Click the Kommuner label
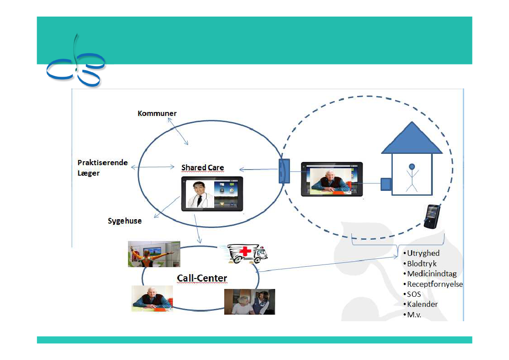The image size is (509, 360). [157, 113]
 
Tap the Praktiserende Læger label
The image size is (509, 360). [102, 168]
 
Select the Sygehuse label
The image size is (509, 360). [125, 221]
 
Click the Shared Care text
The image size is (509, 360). [202, 168]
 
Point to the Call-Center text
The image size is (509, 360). [202, 278]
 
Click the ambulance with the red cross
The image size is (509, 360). [246, 254]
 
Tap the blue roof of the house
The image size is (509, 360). [411, 139]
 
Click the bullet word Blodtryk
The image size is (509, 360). [421, 264]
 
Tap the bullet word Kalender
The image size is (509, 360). [422, 304]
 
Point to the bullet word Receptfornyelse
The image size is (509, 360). [435, 284]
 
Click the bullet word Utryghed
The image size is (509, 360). [423, 253]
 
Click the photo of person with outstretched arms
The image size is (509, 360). [154, 254]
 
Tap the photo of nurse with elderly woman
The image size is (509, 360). [249, 302]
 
